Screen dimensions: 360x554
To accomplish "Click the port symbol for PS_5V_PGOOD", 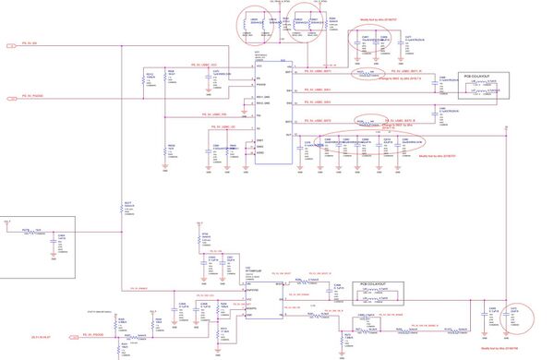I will pos(13,96).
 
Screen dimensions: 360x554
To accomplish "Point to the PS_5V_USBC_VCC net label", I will pos(212,63).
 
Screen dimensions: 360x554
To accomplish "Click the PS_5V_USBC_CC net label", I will pos(212,126).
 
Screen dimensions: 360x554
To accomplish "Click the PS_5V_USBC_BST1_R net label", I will pos(406,69).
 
